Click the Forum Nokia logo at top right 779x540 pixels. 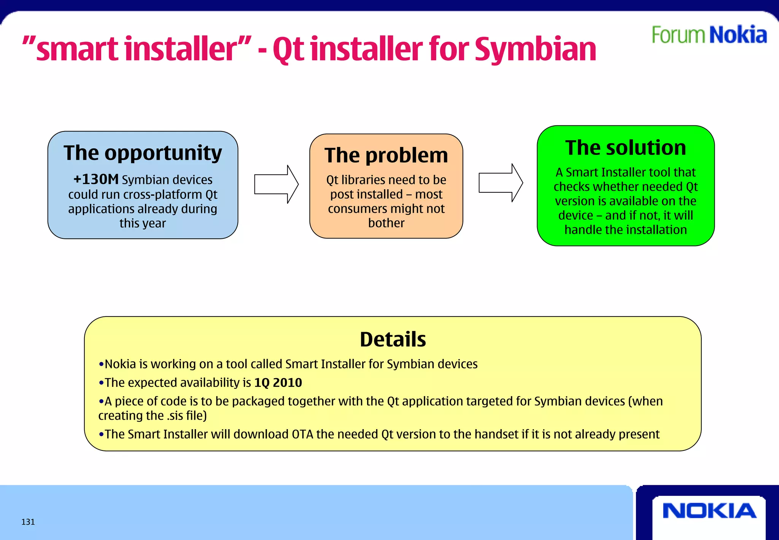click(709, 35)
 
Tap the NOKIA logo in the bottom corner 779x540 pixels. click(709, 511)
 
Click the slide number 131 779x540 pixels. click(28, 522)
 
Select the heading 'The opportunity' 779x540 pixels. click(143, 153)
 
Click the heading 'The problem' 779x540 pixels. click(386, 155)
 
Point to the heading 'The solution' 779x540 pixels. click(626, 148)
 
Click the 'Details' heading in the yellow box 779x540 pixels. click(393, 339)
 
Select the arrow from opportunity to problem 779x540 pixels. click(276, 184)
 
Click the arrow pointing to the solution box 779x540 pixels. click(501, 183)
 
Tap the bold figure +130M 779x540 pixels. click(96, 179)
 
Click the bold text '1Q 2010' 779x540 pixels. click(278, 382)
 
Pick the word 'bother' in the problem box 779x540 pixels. click(386, 223)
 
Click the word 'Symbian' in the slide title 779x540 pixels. click(535, 50)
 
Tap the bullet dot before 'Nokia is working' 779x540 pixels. click(101, 364)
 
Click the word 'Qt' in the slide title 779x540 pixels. click(288, 50)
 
